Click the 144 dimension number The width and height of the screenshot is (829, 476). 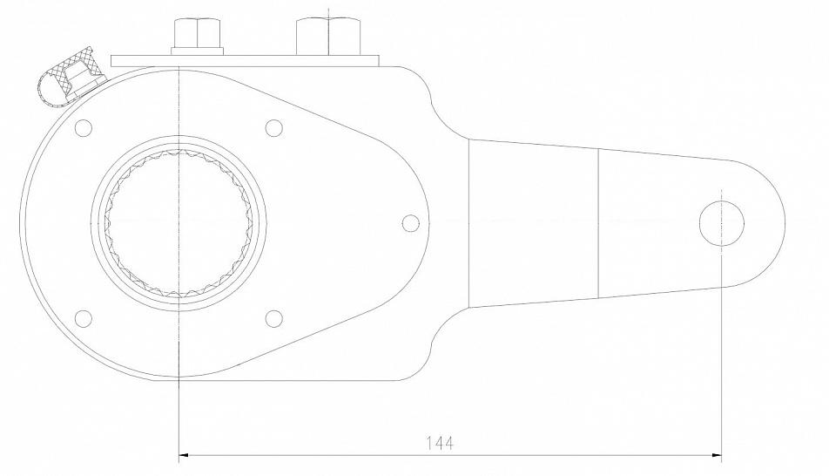click(x=440, y=442)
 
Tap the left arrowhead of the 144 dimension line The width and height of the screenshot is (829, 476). click(x=184, y=454)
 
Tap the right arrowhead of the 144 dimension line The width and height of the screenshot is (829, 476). click(x=717, y=454)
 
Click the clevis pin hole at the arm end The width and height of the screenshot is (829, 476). click(x=722, y=223)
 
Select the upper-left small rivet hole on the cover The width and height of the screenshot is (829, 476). click(x=84, y=127)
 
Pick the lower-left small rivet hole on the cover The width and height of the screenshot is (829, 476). click(x=84, y=318)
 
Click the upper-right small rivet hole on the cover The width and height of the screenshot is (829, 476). click(x=273, y=127)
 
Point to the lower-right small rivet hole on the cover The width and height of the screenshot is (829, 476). click(x=273, y=318)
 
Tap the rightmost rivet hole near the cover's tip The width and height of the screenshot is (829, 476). click(x=411, y=223)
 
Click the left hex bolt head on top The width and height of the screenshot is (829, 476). click(x=197, y=32)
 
